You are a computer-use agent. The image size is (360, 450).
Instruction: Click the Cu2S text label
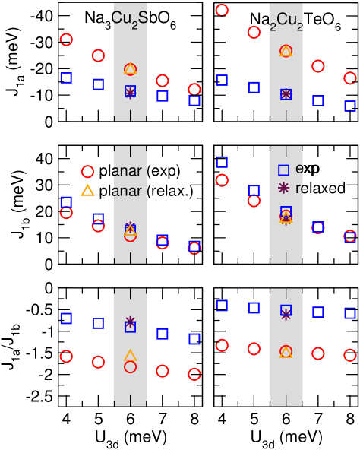click(129, 17)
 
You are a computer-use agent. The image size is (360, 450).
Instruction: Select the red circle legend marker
click(87, 172)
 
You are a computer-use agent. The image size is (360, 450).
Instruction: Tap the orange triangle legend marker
click(87, 190)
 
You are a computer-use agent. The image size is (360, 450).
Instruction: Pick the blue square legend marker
click(284, 170)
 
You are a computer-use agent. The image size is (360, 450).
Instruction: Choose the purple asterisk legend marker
click(284, 188)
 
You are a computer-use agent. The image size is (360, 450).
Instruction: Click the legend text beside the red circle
click(127, 172)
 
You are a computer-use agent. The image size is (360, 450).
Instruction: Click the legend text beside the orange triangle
click(127, 191)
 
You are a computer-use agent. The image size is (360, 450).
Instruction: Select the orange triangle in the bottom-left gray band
click(130, 355)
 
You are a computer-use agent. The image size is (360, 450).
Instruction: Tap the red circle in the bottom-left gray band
click(130, 367)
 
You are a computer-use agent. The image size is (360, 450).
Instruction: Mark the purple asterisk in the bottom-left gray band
click(130, 322)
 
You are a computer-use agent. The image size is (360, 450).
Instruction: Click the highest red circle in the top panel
click(222, 10)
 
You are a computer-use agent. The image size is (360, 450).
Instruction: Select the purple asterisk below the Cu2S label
click(130, 93)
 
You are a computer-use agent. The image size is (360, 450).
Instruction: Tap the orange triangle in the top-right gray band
click(286, 51)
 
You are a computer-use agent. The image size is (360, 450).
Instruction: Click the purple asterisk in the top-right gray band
click(286, 94)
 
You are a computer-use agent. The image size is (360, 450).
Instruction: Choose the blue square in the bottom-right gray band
click(286, 310)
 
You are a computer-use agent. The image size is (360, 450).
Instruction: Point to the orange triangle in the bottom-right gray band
click(286, 352)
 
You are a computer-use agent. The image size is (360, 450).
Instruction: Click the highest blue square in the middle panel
click(222, 162)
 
